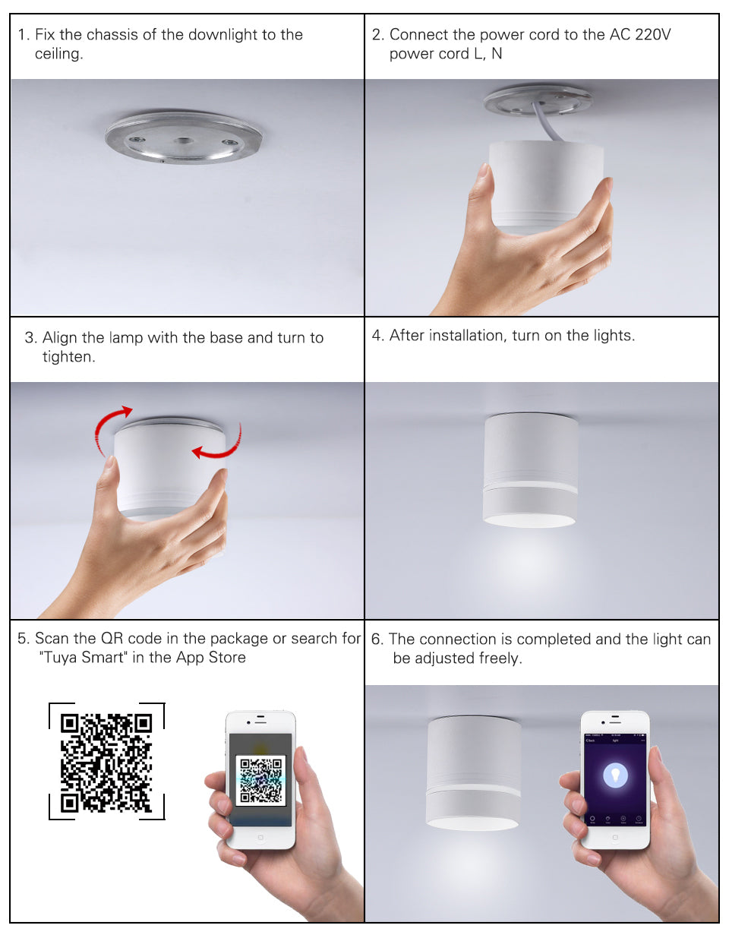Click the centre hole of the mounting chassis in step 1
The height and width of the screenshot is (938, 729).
184,141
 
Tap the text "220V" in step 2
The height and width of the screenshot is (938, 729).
653,35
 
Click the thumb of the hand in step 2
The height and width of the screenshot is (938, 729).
481,190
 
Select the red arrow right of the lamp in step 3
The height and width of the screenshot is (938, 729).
220,446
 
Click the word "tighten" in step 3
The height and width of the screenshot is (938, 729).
68,357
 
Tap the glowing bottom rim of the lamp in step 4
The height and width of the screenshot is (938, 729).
529,520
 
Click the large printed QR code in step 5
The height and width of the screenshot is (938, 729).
106,762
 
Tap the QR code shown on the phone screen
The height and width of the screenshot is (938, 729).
260,780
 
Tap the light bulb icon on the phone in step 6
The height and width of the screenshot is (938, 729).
615,775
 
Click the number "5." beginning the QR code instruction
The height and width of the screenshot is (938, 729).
24,639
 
